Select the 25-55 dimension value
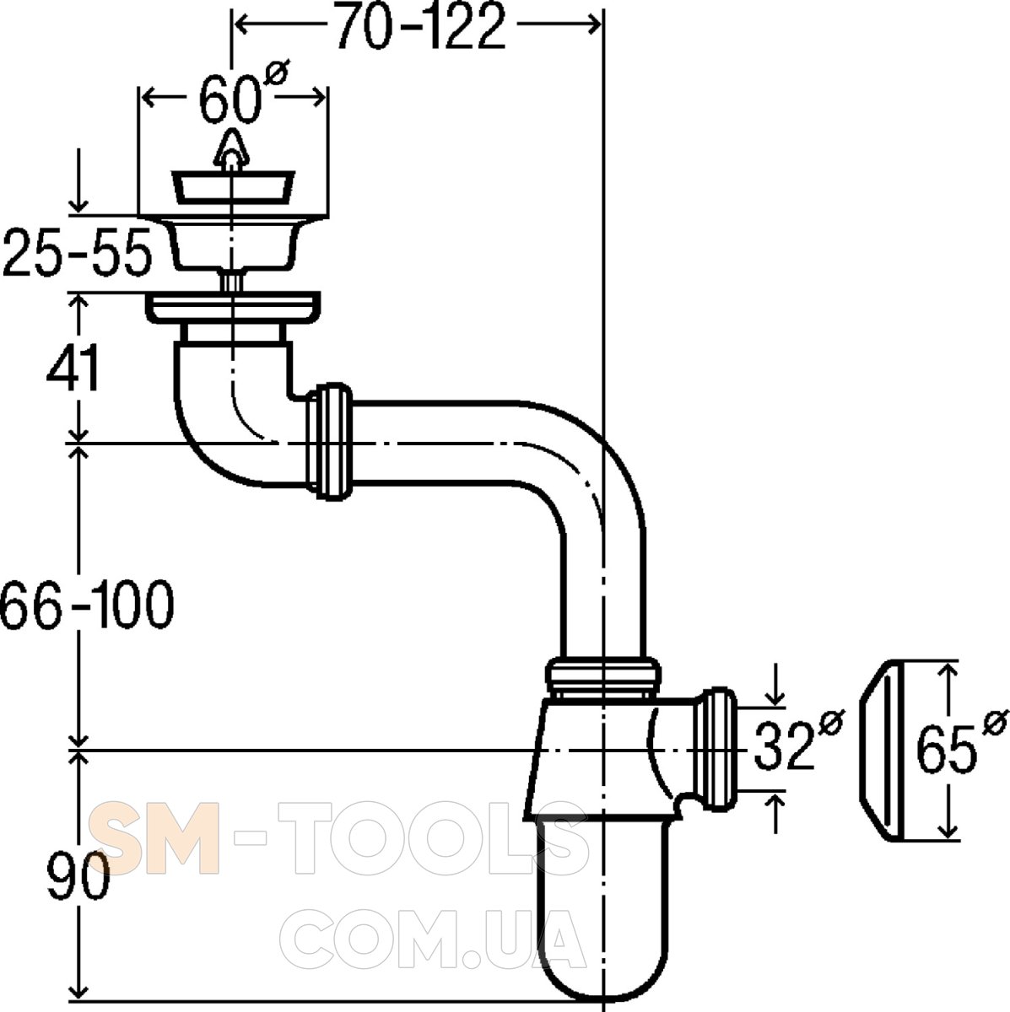[x=78, y=252]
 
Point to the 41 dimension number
[x=73, y=368]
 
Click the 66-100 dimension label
[x=87, y=604]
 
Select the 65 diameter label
[x=962, y=741]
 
